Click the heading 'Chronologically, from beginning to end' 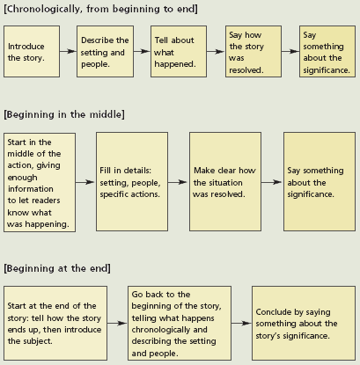click(x=100, y=9)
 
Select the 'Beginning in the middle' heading click(x=64, y=114)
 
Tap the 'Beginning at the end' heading click(x=57, y=268)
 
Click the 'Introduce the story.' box click(x=32, y=52)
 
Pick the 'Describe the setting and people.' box click(x=105, y=52)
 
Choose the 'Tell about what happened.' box click(x=179, y=52)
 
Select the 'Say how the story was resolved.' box click(x=253, y=52)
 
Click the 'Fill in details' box click(x=132, y=182)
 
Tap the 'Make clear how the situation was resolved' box click(x=225, y=182)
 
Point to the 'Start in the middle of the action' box click(x=40, y=182)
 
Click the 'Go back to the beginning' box click(x=180, y=324)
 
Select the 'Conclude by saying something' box click(x=304, y=324)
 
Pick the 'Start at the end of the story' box click(x=55, y=324)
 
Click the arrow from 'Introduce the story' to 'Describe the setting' click(x=68, y=51)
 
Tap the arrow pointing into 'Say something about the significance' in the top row click(x=290, y=51)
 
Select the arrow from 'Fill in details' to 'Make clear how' click(x=179, y=182)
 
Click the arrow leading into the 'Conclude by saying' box click(x=241, y=324)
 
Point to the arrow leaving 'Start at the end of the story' click(x=117, y=324)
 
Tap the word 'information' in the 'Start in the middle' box click(x=31, y=189)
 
